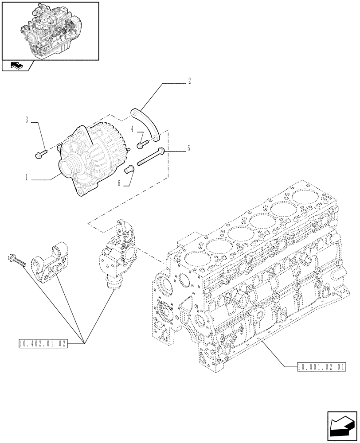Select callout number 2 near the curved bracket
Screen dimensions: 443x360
(190, 81)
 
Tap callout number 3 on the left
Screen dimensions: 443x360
(27, 120)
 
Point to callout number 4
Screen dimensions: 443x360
(133, 129)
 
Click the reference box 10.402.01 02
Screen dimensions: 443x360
(43, 343)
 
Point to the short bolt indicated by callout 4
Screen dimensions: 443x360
(142, 143)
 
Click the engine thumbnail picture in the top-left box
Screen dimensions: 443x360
(50, 30)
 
